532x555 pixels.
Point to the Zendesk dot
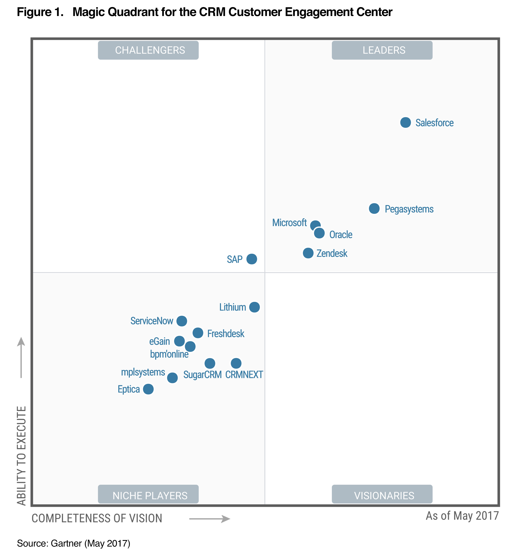[x=308, y=253]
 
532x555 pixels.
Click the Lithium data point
[x=254, y=307]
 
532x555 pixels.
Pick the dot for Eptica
[x=148, y=389]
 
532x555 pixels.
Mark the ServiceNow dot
[x=182, y=321]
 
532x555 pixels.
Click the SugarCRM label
[x=202, y=375]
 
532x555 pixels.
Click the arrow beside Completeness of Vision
[x=210, y=519]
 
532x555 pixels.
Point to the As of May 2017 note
[x=462, y=516]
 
